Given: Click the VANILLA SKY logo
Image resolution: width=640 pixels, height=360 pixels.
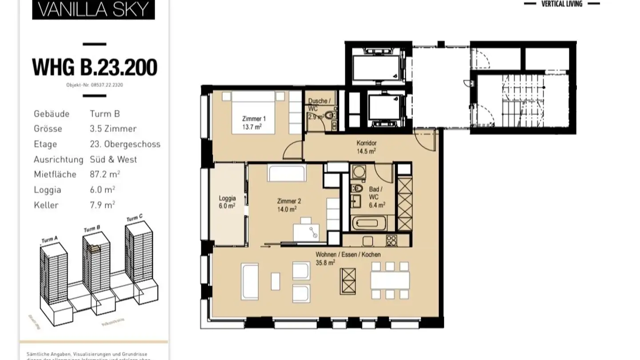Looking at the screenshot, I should click(x=93, y=9).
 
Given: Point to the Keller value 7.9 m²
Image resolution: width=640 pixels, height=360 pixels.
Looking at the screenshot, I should click(x=102, y=205).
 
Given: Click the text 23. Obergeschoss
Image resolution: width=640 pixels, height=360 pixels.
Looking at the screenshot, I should click(x=125, y=144).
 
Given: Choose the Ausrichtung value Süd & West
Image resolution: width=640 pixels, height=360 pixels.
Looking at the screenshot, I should click(x=113, y=159).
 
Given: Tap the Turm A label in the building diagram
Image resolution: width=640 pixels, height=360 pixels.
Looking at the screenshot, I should click(x=49, y=240).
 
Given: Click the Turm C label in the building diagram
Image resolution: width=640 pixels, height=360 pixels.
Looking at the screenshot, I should click(x=134, y=218).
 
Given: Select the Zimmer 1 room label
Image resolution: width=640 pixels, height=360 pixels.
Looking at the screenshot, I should click(x=254, y=122).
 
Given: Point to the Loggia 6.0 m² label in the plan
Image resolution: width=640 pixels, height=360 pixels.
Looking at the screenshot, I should click(x=227, y=202).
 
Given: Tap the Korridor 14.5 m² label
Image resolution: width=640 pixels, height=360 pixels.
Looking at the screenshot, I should click(x=366, y=147).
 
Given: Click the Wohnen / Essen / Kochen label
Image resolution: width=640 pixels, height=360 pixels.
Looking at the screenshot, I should click(x=348, y=258).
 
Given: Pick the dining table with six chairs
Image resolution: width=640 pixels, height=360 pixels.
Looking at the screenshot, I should click(x=390, y=280).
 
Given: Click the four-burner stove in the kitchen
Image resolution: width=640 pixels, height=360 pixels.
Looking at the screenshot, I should click(x=391, y=240).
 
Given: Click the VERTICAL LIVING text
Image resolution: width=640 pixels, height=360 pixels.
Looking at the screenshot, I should click(x=562, y=4).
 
